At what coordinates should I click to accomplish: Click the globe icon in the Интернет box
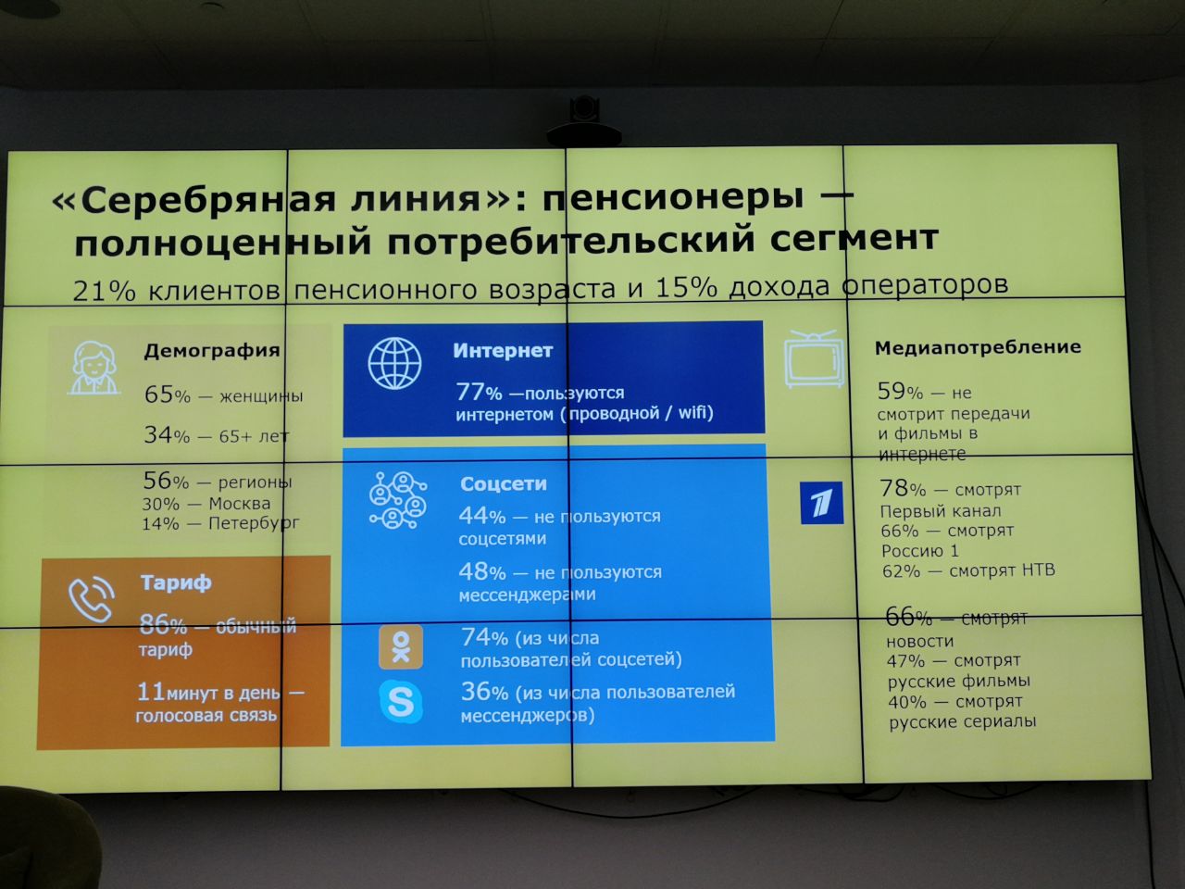(x=394, y=363)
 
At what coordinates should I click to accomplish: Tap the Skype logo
(x=401, y=702)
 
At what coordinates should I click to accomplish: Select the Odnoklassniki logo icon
(x=401, y=647)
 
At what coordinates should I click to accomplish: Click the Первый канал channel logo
(x=821, y=503)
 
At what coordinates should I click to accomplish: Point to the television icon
(x=814, y=358)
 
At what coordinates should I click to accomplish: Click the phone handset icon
(x=92, y=599)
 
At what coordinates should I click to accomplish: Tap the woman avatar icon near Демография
(x=94, y=369)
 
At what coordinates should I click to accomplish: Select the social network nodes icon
(x=398, y=500)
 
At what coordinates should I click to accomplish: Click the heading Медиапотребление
(x=978, y=347)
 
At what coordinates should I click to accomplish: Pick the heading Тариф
(x=176, y=583)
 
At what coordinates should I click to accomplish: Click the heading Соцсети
(x=503, y=483)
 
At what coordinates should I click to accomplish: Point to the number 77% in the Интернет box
(x=479, y=392)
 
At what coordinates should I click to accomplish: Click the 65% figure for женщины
(x=168, y=394)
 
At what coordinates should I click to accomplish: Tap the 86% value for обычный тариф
(x=163, y=625)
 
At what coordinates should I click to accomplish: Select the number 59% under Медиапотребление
(x=900, y=392)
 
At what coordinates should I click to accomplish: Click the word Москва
(x=239, y=504)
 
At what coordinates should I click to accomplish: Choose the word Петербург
(x=254, y=523)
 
